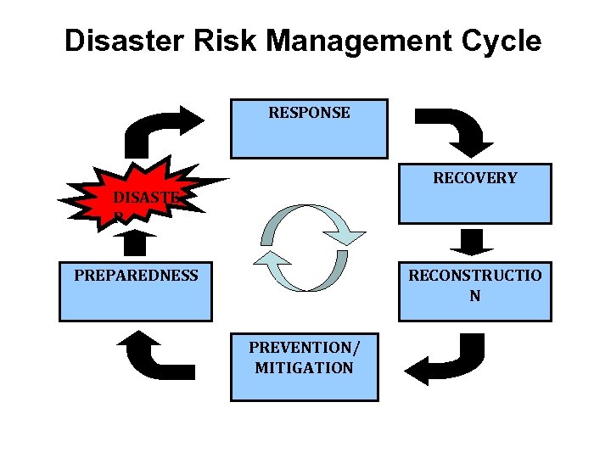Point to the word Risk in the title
click(x=216, y=40)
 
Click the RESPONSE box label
click(x=309, y=112)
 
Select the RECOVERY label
click(x=475, y=178)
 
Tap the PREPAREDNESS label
click(x=136, y=275)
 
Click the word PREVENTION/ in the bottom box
click(x=304, y=348)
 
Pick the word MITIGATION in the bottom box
click(x=304, y=367)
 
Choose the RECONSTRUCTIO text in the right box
click(x=474, y=275)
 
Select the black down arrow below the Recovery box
click(x=474, y=242)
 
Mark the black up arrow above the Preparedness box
click(x=135, y=244)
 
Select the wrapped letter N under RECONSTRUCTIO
click(x=474, y=296)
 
